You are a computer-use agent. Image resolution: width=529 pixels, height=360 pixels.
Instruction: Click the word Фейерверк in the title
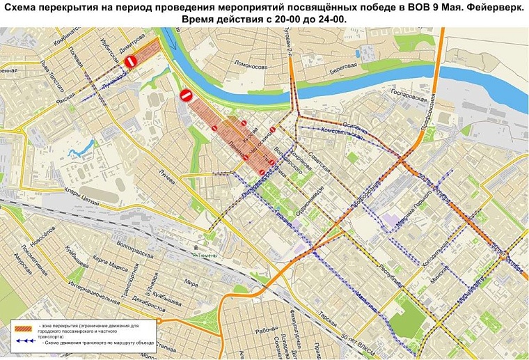point(480,7)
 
